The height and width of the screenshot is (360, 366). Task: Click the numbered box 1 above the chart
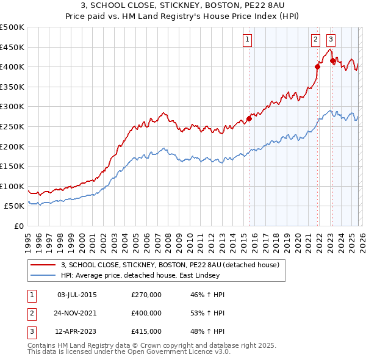click(248, 40)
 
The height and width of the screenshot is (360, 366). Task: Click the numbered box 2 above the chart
click(315, 40)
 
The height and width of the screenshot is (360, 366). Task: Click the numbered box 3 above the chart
click(331, 40)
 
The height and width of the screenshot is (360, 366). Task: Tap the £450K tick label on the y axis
click(13, 47)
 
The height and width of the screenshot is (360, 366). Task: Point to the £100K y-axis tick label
click(13, 186)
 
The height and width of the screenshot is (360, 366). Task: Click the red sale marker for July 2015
click(249, 118)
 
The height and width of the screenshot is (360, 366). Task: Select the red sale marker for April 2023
click(332, 60)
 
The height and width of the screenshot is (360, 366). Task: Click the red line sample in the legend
click(43, 265)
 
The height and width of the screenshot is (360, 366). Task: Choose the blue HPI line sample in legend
click(43, 275)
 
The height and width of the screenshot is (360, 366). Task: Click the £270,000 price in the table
click(146, 295)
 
